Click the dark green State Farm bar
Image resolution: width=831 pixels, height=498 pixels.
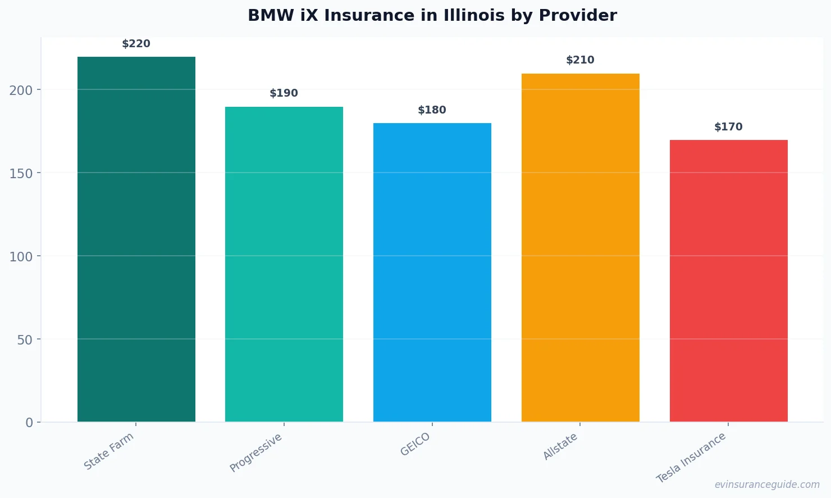coord(136,239)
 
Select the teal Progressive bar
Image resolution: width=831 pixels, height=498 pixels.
coord(284,264)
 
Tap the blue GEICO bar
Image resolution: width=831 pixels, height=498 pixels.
coord(432,273)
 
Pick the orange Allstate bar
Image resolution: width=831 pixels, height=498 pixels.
coord(581,247)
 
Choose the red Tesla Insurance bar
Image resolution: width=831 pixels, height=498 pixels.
coord(728,281)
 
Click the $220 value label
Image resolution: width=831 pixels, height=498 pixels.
coord(136,44)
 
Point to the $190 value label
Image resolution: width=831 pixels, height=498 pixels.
coord(284,93)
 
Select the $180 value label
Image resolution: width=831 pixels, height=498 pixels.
coord(432,110)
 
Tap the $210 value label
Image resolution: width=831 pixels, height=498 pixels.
coord(581,60)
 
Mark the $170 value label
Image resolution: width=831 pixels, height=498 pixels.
coord(728,127)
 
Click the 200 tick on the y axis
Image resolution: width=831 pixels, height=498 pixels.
coord(21,90)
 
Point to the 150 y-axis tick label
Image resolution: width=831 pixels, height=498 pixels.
coord(21,173)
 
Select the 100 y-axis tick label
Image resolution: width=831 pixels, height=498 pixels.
coord(21,256)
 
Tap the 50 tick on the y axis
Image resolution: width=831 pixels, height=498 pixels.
coord(25,339)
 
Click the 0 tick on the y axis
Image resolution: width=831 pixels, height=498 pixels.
coord(29,423)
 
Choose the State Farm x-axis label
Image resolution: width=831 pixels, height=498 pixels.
coord(109,451)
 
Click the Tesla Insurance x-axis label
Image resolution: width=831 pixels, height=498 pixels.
coord(691,458)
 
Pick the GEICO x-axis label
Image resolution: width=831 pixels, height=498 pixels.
coord(415,444)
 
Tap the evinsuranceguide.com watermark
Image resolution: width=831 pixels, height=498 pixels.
coord(767,485)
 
